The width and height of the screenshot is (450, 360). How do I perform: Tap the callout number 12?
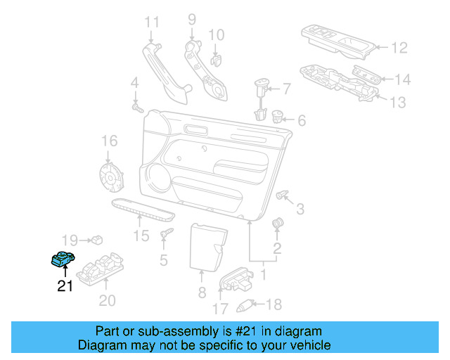point(399,49)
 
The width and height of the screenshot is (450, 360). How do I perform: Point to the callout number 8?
point(201,292)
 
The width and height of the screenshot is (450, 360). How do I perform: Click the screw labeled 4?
point(137,109)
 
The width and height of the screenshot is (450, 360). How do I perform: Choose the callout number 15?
point(142,236)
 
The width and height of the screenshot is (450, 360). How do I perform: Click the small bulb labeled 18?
point(246,304)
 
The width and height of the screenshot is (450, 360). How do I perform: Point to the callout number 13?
point(397,103)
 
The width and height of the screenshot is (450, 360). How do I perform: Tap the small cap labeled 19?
point(97,240)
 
